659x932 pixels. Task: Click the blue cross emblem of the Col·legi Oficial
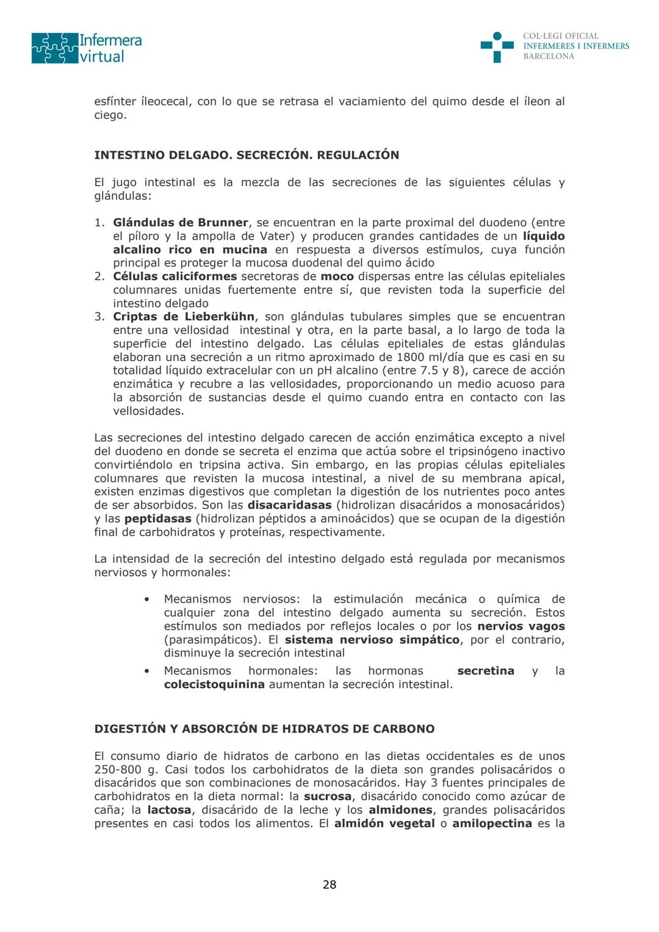click(497, 46)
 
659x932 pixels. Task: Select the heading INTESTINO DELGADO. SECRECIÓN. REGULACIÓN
click(247, 155)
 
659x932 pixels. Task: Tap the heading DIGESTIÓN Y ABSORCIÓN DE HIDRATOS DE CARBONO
click(264, 729)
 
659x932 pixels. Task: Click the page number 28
click(329, 884)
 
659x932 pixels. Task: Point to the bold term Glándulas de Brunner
click(181, 223)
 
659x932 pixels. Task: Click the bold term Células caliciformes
click(175, 276)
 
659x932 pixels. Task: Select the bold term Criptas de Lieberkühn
click(184, 317)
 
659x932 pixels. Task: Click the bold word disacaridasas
click(289, 505)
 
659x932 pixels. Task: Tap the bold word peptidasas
click(157, 518)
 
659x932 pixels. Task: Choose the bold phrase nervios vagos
click(521, 626)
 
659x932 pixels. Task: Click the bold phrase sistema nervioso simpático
click(372, 640)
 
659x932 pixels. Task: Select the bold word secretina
click(485, 671)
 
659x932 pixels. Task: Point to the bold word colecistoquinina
click(214, 684)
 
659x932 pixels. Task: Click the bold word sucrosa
click(328, 797)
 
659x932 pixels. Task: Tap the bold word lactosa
click(169, 810)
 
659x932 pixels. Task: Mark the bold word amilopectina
click(492, 823)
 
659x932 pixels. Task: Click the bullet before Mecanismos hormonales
click(146, 671)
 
